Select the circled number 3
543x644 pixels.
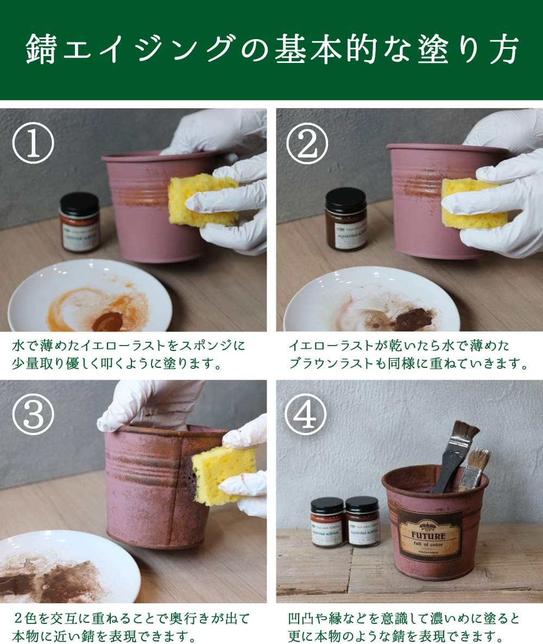pyautogui.click(x=33, y=415)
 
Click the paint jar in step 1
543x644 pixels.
pyautogui.click(x=80, y=222)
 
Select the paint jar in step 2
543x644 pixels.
pyautogui.click(x=346, y=219)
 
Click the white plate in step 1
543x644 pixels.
pyautogui.click(x=90, y=296)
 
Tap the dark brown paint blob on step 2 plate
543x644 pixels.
pyautogui.click(x=414, y=320)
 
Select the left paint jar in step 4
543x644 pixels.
pyautogui.click(x=327, y=522)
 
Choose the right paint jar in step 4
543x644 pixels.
pyautogui.click(x=362, y=521)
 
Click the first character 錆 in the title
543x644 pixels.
pyautogui.click(x=42, y=50)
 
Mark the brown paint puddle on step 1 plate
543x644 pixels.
pyautogui.click(x=107, y=321)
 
